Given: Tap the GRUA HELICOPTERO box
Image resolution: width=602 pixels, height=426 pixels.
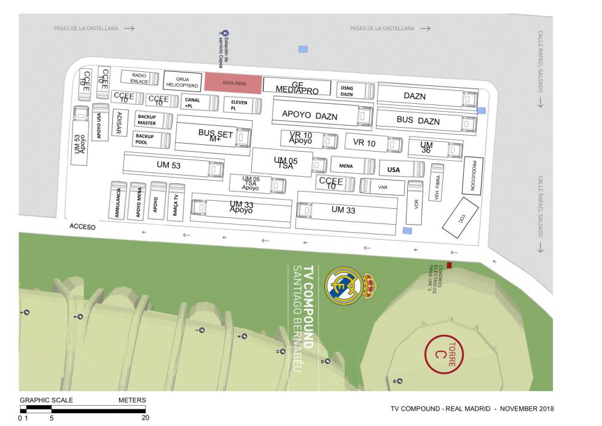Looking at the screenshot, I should pos(182,82).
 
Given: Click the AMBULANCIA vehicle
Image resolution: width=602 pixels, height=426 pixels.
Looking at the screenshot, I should pos(118,201).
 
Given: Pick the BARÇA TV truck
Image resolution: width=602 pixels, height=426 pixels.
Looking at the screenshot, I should pos(176,201).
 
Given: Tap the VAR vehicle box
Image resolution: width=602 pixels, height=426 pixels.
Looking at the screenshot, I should pos(383,187).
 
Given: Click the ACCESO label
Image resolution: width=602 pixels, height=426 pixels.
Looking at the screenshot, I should pos(82,227).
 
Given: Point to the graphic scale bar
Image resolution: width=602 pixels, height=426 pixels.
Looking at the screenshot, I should pos(83,408).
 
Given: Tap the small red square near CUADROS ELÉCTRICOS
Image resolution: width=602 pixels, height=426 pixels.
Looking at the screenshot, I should pos(449,265).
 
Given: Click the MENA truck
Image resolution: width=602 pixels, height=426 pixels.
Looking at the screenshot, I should pos(352,166).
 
